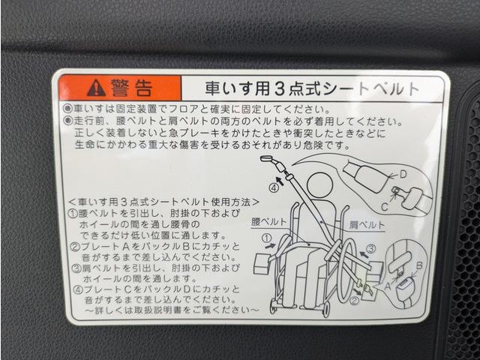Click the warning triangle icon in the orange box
click(x=96, y=88)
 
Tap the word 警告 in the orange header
click(x=131, y=88)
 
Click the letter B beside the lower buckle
click(x=419, y=264)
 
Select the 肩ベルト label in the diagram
click(x=367, y=224)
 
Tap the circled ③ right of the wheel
click(x=370, y=249)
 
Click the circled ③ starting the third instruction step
click(x=75, y=267)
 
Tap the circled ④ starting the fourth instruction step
click(x=75, y=289)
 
